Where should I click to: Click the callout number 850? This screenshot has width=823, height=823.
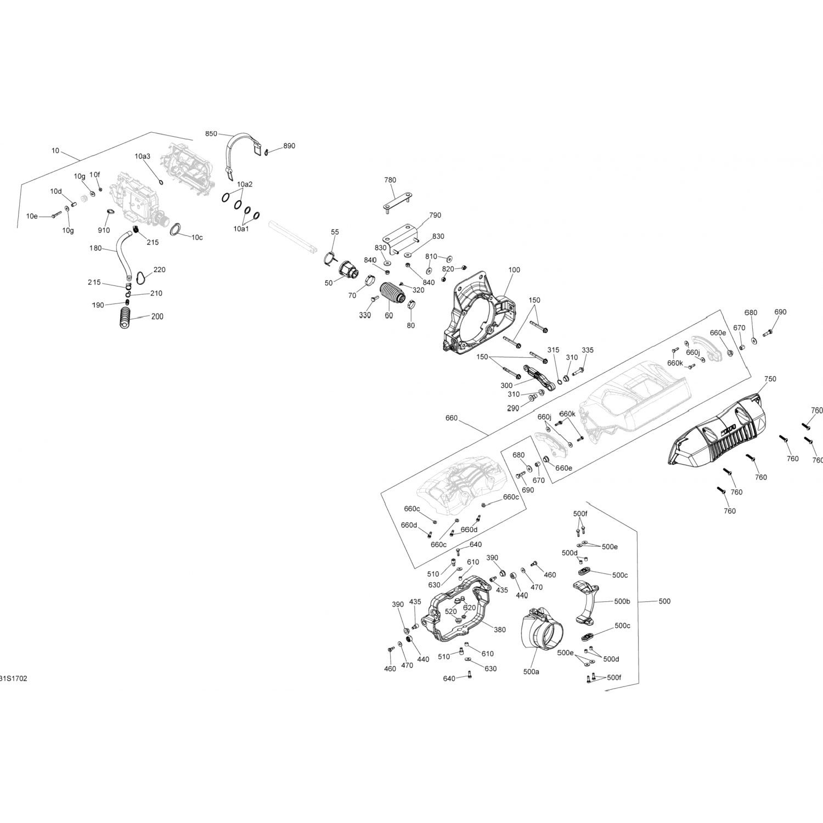point(211,134)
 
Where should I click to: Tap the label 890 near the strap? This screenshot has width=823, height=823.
point(289,146)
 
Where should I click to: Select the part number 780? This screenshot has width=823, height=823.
point(390,180)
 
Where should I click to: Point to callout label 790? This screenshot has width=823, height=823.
point(435,216)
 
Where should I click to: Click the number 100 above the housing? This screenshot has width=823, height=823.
point(514,270)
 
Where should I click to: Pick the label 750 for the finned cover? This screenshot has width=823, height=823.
point(770,379)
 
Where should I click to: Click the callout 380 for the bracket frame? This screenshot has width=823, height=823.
point(499,630)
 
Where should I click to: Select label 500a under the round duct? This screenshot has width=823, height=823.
point(531,672)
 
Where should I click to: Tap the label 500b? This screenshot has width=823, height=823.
point(622,601)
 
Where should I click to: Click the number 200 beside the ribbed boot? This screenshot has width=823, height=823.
point(157,317)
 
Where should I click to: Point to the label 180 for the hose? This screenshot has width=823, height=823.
point(95,249)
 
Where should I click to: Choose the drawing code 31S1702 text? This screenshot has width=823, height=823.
point(13,679)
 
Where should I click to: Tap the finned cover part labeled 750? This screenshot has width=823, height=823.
point(719,433)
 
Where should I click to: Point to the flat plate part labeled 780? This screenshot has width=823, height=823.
point(397,201)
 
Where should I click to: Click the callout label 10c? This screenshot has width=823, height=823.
point(197,237)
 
